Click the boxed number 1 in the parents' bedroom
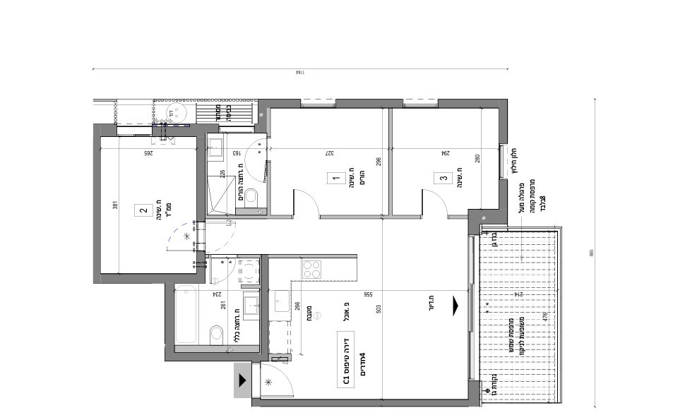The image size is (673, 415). point(335,179)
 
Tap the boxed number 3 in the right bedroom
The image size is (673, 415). point(443,179)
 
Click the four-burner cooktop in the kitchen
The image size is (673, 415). point(312,268)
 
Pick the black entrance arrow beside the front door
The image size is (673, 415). point(242,381)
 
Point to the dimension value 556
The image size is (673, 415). point(367,294)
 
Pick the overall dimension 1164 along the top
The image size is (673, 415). point(299,73)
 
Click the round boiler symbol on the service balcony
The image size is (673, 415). point(171,112)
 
